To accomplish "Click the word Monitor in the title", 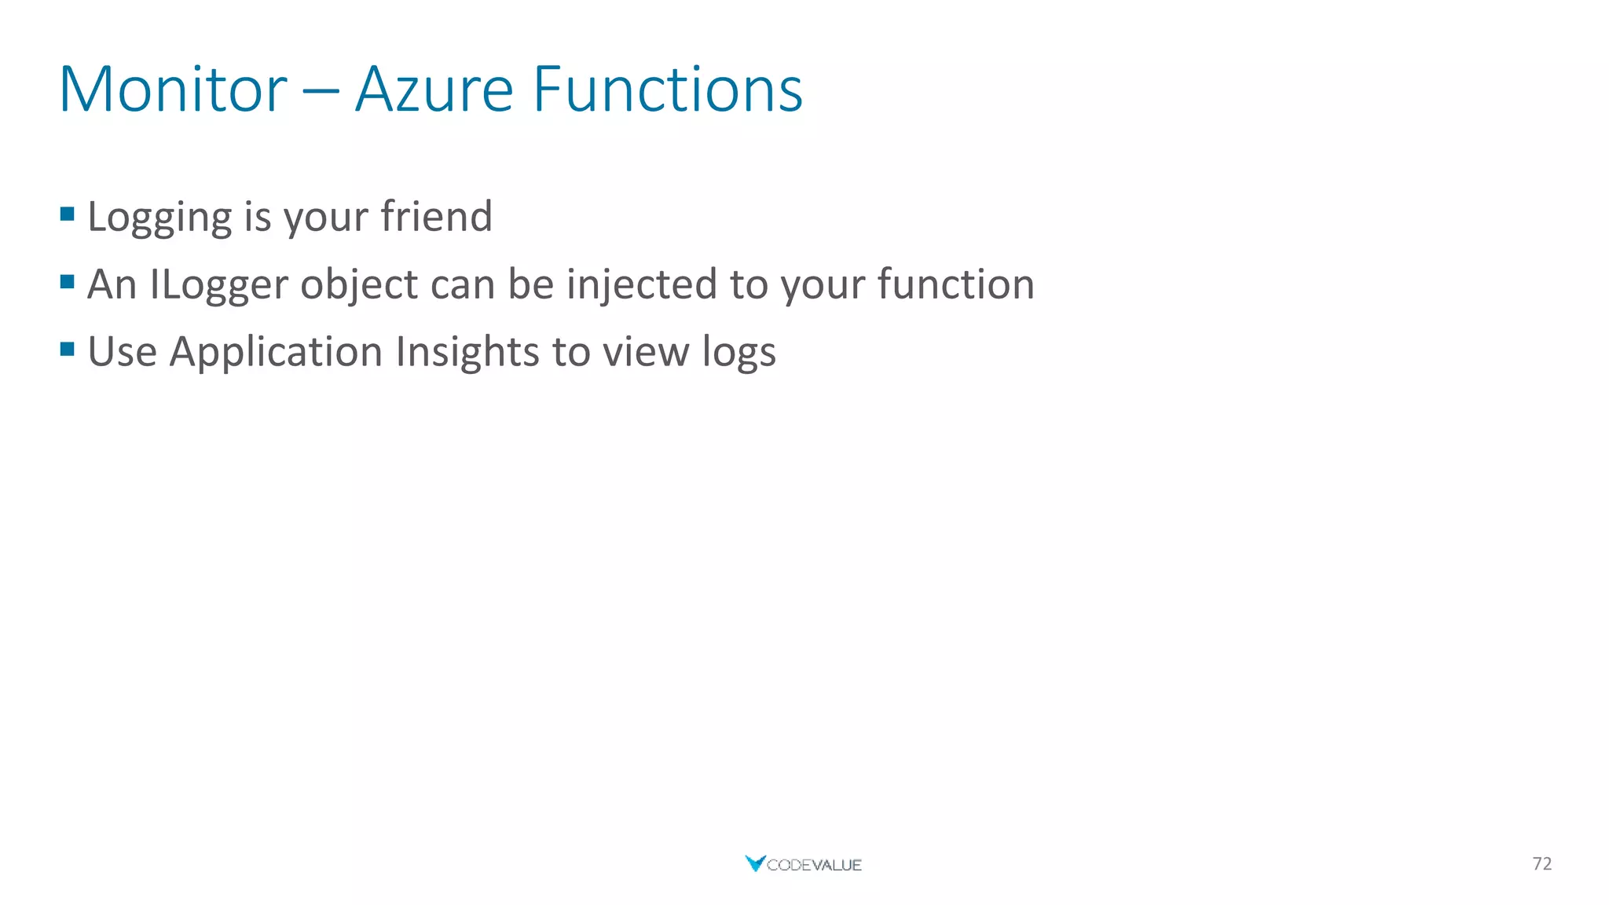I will [x=173, y=90].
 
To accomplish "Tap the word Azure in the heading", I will [x=434, y=90].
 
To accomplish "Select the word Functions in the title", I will [x=667, y=90].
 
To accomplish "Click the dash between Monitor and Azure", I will [x=321, y=91].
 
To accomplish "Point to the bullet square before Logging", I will [x=67, y=214].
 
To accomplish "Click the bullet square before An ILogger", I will [x=67, y=281].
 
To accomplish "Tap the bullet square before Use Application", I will [x=67, y=349].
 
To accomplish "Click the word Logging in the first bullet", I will [x=159, y=218].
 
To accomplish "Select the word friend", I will [x=436, y=216].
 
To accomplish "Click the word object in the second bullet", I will [x=359, y=285].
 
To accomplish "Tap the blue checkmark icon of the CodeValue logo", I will [x=754, y=863].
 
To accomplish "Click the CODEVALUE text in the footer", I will [x=814, y=865].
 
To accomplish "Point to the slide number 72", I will [x=1541, y=864].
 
